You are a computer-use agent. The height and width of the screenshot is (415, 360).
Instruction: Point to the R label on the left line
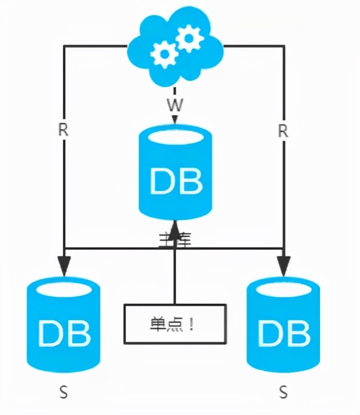pos(63,130)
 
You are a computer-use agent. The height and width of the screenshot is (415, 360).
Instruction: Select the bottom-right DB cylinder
pos(283,325)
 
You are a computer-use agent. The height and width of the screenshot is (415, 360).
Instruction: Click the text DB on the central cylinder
pos(175,180)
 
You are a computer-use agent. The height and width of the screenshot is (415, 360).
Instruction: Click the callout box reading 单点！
pos(175,324)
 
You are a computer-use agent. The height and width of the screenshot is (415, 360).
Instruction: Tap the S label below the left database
pos(64,393)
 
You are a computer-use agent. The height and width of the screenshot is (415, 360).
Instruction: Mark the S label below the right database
pos(284,393)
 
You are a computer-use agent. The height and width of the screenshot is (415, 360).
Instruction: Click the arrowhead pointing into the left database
pos(64,264)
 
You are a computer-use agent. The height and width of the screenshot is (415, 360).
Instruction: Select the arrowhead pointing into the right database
pos(283,264)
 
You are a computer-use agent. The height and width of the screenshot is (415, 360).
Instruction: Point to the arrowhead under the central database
pos(175,231)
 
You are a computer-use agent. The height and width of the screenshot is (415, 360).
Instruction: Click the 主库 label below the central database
pos(175,239)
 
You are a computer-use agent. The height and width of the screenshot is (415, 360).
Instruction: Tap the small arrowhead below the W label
pos(175,121)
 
